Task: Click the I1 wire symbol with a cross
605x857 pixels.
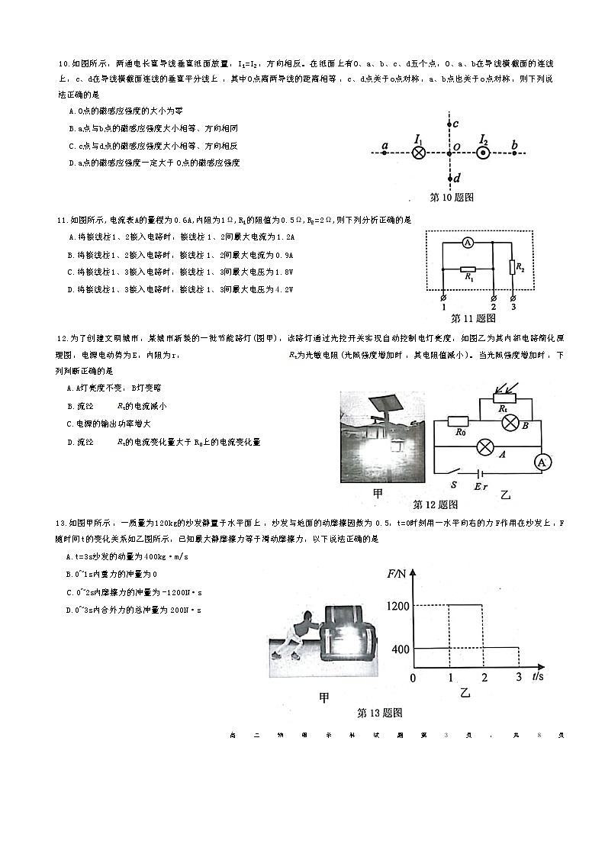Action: coord(418,153)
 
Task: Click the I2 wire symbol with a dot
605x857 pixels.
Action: coord(483,153)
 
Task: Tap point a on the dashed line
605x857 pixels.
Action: coord(385,152)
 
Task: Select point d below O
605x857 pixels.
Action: coord(450,179)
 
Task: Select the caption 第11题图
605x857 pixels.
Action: coord(473,317)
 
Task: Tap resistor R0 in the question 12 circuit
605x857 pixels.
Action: coord(458,421)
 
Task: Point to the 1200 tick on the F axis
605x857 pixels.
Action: coord(399,606)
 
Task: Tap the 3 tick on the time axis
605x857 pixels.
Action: coord(519,677)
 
